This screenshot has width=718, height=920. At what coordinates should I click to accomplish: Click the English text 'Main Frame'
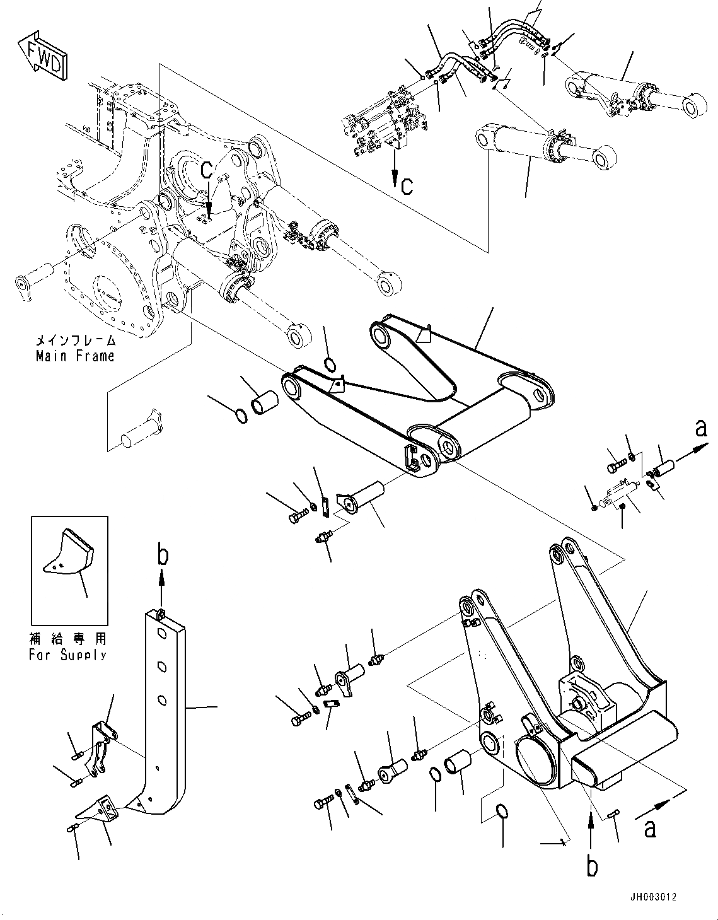coord(75,356)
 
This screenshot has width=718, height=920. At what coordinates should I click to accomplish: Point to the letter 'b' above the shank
coord(163,554)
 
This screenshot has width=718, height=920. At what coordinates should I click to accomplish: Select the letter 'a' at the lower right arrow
coord(649,827)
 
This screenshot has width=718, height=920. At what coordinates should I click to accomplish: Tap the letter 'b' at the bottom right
coord(592,866)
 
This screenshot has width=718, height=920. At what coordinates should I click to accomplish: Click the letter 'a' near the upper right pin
coord(701,429)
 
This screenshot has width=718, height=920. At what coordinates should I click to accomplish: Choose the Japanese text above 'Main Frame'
coord(75,341)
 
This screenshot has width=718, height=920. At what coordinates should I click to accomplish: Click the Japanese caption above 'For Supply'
coord(67,639)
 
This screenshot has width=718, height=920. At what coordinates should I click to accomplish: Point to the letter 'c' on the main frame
coord(206,170)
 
